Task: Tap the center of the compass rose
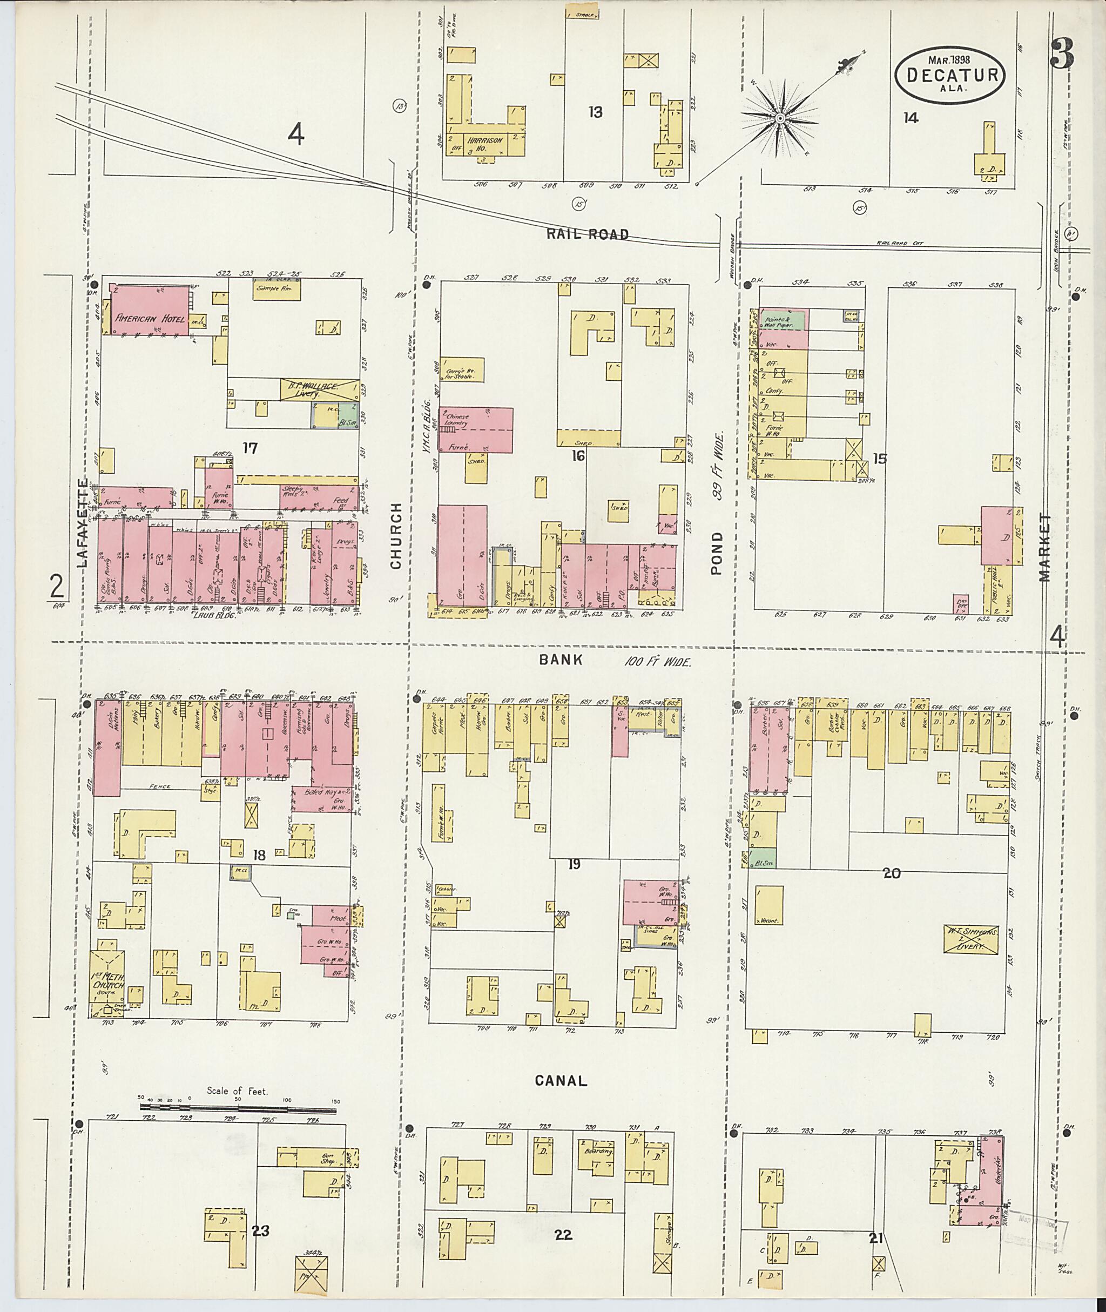(x=779, y=118)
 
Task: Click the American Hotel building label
(x=151, y=319)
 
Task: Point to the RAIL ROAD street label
(x=588, y=234)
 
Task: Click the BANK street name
(x=561, y=660)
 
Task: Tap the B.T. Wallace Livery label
(x=319, y=389)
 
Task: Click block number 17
(x=250, y=448)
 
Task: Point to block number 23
(x=260, y=1231)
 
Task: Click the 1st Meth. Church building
(x=108, y=984)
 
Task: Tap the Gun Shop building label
(x=326, y=1158)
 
